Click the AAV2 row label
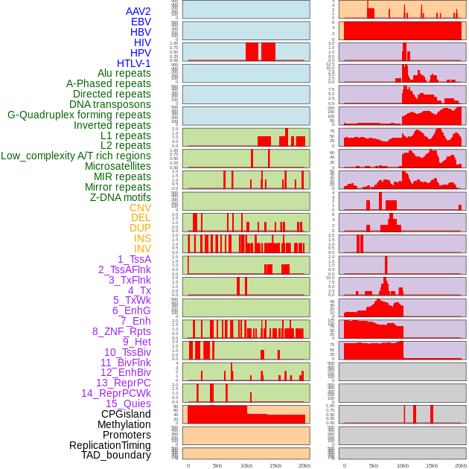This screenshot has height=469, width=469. pos(138,11)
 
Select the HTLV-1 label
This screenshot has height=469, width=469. pos(133,63)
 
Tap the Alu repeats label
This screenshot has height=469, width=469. pos(124,73)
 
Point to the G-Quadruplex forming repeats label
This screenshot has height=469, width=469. pos(79,115)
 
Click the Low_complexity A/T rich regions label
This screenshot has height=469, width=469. pos(76,156)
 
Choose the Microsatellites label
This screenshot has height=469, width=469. pos(118,166)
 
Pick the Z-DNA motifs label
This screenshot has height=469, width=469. pos(121,197)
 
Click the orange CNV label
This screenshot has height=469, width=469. pos(140,208)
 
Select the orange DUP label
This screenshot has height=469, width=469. pos(140,228)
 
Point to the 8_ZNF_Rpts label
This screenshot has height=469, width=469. pos(121,331)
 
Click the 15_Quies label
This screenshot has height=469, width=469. pos(128,403)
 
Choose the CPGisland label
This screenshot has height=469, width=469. pos(126,414)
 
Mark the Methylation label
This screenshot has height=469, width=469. pos(124,424)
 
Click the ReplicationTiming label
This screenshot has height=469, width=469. pos(109,445)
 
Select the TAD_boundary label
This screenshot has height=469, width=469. pos(116,455)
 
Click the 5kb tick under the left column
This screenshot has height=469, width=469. pos(217,465)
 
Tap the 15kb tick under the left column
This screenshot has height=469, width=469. pos(275,465)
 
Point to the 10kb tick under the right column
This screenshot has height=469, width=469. pos(403,465)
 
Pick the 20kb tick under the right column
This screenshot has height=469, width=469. pos(461,465)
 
